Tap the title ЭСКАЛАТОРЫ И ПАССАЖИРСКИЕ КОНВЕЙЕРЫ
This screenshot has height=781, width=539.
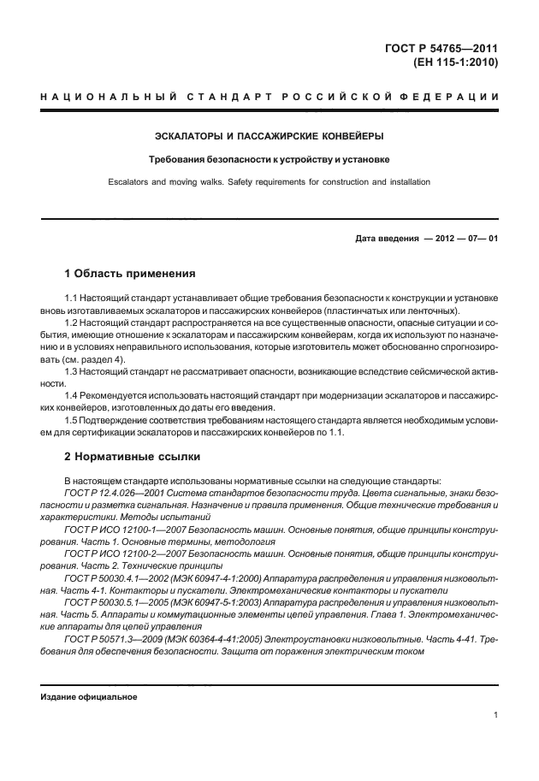(x=269, y=136)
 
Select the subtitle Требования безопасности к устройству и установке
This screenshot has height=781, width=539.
(x=269, y=159)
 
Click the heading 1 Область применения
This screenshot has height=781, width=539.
(x=130, y=275)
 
